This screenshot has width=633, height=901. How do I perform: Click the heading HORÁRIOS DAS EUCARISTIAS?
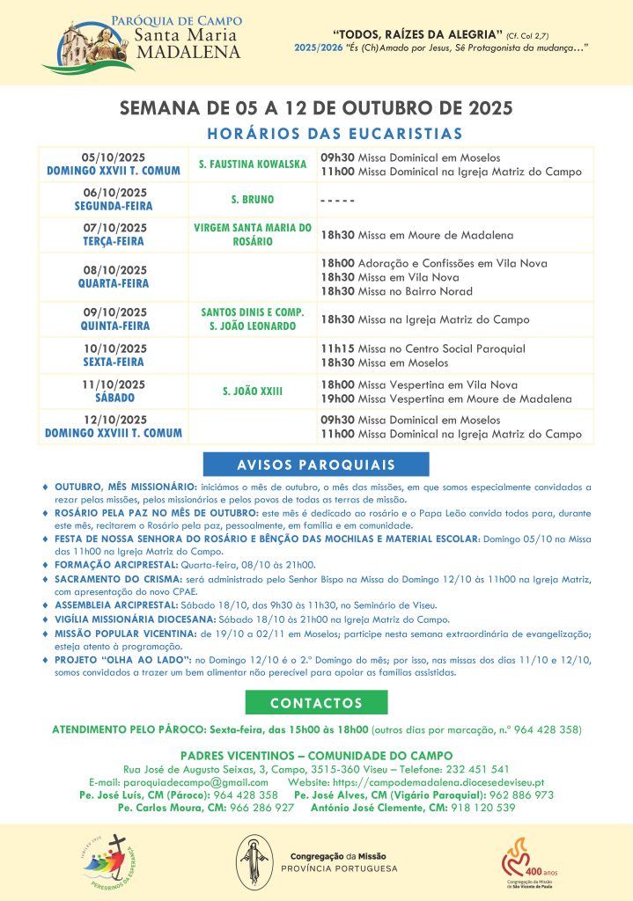point(334,134)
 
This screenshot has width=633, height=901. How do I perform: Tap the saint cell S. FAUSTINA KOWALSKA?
point(252,165)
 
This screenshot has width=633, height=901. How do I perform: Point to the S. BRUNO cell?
point(252,200)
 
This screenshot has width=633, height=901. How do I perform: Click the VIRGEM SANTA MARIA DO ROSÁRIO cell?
point(252,234)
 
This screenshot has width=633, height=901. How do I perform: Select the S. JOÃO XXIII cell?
point(252,391)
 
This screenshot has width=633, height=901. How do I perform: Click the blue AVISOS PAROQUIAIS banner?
point(315,465)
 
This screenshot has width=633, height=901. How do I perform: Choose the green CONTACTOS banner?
point(316,703)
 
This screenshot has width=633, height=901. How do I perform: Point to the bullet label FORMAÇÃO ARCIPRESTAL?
point(108,564)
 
